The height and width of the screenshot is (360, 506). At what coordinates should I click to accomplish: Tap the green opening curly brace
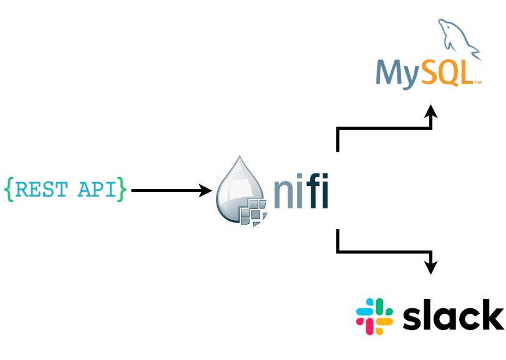9,190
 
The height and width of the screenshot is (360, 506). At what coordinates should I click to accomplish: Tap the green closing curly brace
122,190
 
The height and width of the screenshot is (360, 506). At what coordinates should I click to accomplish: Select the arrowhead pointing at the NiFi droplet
207,190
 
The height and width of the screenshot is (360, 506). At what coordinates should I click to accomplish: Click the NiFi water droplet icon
240,190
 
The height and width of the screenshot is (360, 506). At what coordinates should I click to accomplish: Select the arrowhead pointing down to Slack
431,268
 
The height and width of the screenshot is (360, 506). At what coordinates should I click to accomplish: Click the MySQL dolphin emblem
458,40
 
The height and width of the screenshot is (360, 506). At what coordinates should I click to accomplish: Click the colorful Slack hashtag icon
374,316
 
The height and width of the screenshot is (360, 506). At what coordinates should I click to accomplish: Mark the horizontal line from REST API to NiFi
165,190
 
